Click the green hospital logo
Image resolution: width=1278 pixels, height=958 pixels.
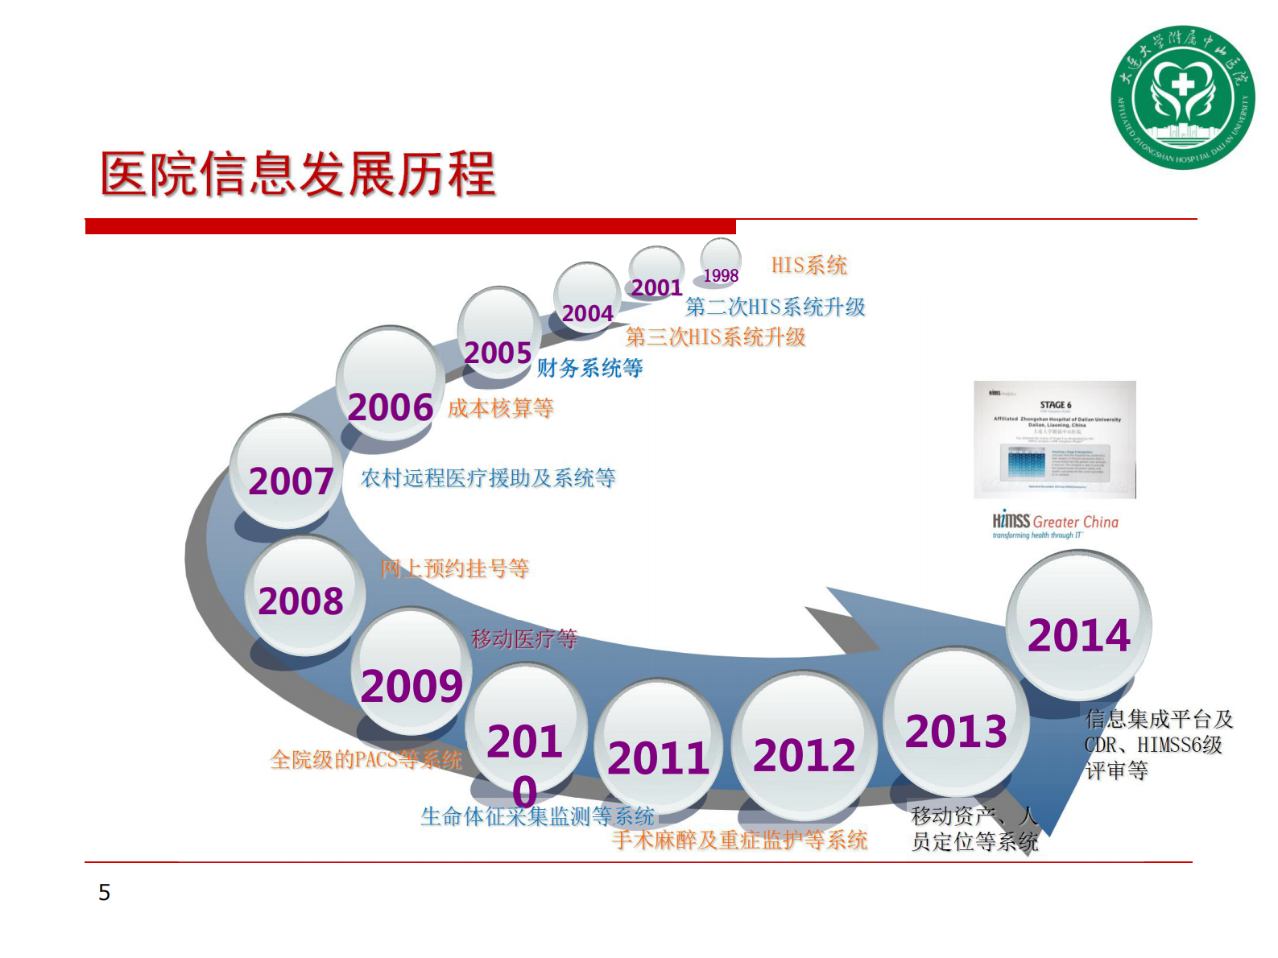(x=1181, y=97)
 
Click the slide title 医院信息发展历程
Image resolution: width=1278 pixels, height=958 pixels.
(x=297, y=174)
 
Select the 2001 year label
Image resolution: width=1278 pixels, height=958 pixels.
(x=656, y=287)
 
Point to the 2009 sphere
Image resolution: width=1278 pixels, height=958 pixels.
(x=411, y=672)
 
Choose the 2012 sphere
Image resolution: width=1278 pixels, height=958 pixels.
(x=804, y=746)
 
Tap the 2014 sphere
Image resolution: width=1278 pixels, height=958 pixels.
(x=1078, y=626)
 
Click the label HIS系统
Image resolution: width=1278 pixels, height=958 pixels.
(x=809, y=265)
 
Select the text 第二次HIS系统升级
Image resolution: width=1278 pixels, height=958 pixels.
(x=775, y=307)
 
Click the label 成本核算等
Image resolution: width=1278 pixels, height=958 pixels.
(x=500, y=408)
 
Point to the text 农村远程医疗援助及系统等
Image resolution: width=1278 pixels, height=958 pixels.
(x=488, y=478)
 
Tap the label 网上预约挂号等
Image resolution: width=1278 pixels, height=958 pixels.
(x=454, y=568)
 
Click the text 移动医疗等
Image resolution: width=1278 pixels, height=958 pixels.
(x=524, y=639)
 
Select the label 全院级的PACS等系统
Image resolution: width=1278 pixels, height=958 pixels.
(x=366, y=759)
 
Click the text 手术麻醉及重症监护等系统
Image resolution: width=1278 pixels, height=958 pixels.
(x=739, y=840)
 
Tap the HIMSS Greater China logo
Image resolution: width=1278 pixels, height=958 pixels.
(x=1055, y=525)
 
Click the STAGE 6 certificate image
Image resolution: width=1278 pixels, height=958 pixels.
(x=1054, y=440)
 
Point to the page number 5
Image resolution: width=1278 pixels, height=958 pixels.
(x=104, y=892)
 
